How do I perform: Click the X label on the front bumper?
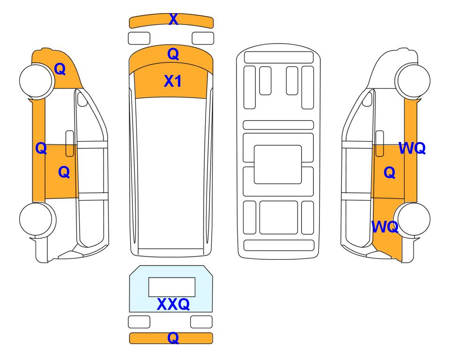pos(173,19)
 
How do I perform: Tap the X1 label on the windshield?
pos(172,81)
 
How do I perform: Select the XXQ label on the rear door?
pos(173,304)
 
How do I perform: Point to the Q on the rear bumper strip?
pos(173,337)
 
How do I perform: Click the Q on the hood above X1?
pos(173,54)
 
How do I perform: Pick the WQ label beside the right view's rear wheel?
pos(385,227)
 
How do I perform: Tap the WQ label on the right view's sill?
pos(412,148)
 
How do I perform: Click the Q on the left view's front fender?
pos(60,69)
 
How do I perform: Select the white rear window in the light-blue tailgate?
pos(172,287)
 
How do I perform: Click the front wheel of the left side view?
pos(37,81)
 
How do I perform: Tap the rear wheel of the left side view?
pos(37,219)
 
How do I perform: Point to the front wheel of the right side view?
pos(413,81)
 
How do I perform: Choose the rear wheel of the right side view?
pos(412,219)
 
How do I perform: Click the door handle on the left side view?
pos(70,143)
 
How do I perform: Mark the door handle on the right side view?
pos(380,143)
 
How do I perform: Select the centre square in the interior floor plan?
pos(278,165)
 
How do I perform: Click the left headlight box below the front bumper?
pos(139,38)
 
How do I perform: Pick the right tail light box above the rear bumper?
pos(201,322)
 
